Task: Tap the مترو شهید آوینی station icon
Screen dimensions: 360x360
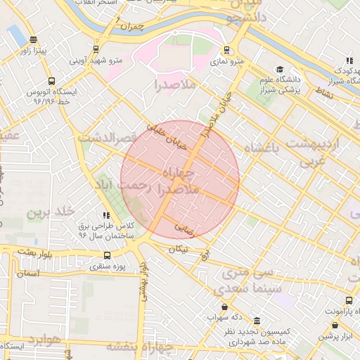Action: coord(95,49)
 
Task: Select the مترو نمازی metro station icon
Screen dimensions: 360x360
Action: coord(226,51)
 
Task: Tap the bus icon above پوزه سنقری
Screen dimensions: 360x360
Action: coord(107,255)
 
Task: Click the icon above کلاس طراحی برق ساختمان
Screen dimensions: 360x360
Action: coord(106,216)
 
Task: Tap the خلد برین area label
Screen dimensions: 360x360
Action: coord(50,212)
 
